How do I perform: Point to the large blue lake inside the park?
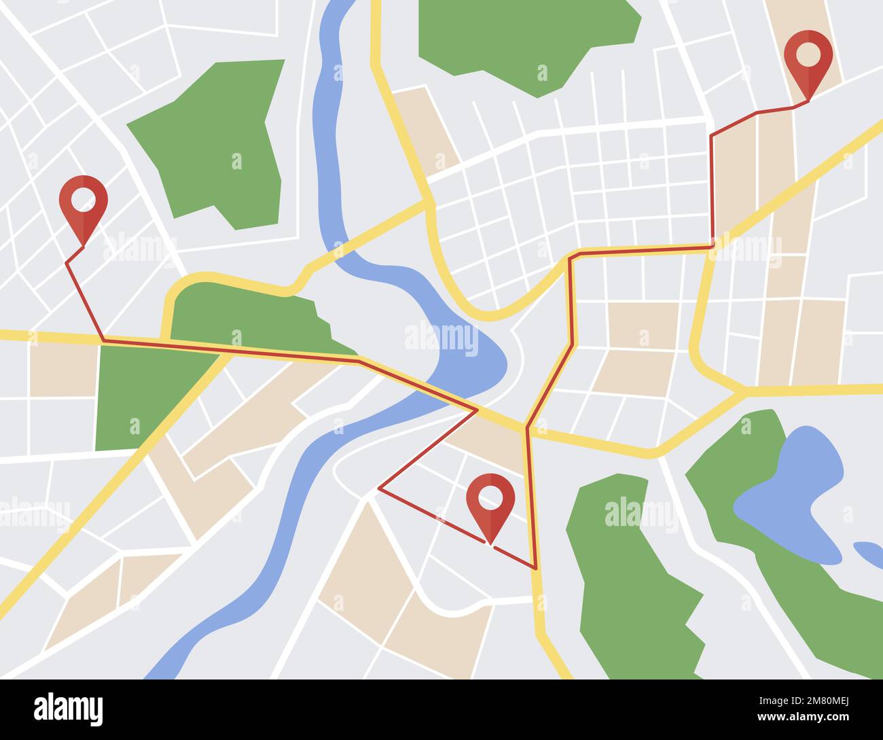791,489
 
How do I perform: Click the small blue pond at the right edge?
868,550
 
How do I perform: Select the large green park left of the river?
217,143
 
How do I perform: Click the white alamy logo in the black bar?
68,709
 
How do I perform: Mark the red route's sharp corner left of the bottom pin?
378,488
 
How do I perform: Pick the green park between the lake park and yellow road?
625,578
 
